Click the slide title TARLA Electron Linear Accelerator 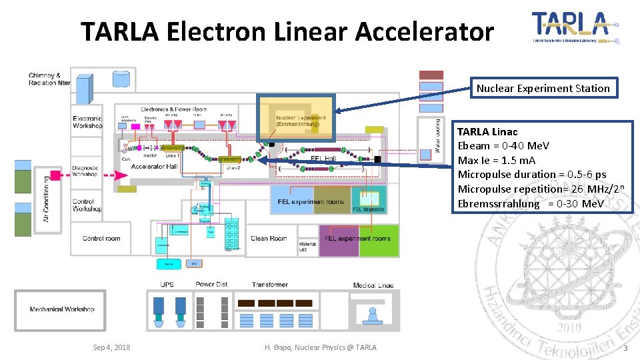[287, 31]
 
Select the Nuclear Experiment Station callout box [543, 88]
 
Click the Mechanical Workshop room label [62, 309]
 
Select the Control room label [101, 238]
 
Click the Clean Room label [269, 238]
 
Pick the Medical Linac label [373, 285]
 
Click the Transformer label [269, 285]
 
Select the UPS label [167, 285]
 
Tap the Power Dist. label [211, 285]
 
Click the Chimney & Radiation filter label [49, 79]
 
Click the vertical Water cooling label [438, 136]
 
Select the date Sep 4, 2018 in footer [111, 347]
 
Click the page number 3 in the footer [625, 348]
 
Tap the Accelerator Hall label [154, 166]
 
